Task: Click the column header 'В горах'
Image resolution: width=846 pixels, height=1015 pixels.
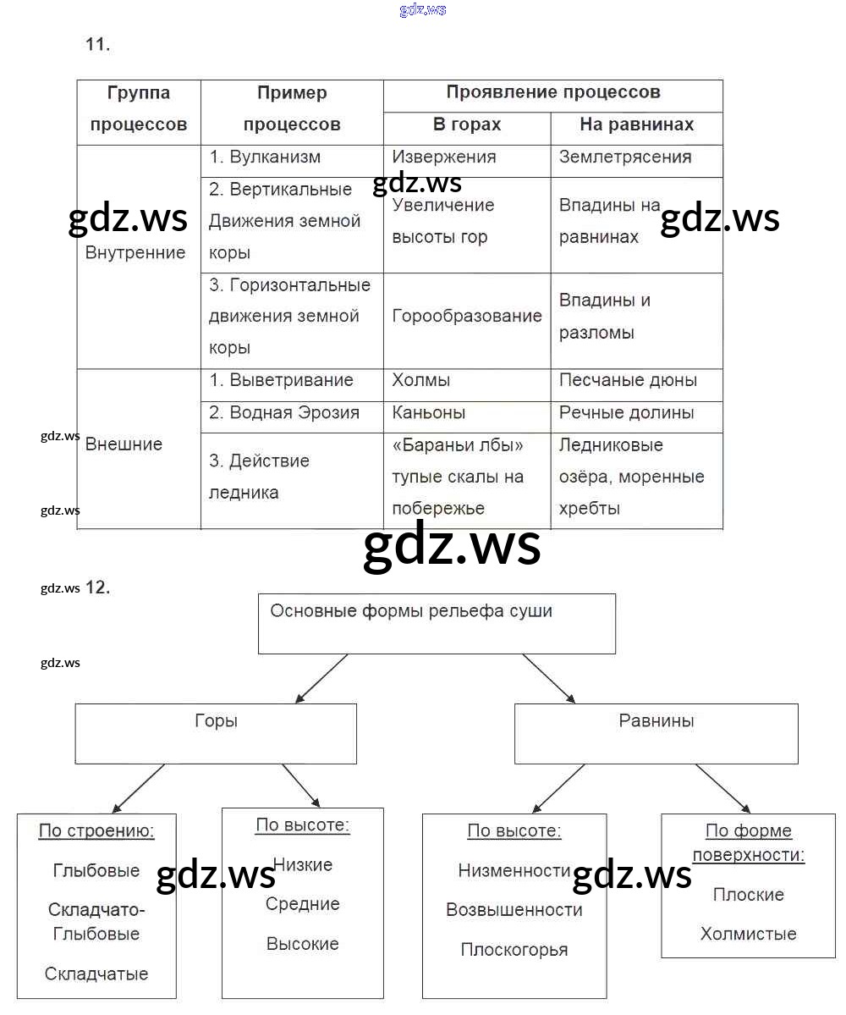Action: tap(467, 124)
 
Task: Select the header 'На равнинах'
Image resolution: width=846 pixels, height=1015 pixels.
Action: tap(636, 124)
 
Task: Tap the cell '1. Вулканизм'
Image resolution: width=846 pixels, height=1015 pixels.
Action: tap(265, 157)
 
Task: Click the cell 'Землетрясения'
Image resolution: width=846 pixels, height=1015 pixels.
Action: tap(625, 157)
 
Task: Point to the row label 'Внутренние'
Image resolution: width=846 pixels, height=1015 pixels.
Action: tap(135, 252)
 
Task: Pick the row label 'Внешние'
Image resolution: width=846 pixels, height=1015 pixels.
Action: tap(124, 444)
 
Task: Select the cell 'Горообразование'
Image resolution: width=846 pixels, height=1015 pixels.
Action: tap(467, 316)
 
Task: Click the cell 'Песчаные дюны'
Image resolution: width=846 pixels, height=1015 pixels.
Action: tap(628, 380)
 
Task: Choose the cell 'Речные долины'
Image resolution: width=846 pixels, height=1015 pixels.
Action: tap(626, 412)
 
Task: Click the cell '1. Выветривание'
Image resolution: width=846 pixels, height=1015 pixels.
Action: tap(281, 380)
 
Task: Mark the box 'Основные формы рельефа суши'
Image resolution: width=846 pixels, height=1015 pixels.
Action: tap(411, 611)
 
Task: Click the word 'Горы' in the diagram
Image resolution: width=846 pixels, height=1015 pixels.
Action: tap(216, 721)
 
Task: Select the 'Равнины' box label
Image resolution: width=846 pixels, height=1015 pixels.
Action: tap(656, 721)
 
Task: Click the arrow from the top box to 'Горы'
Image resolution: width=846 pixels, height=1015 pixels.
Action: tap(321, 679)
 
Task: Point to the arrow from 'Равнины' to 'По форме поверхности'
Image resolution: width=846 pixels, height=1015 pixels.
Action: tap(722, 789)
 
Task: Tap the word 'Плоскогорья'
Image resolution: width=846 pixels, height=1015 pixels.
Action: tap(514, 950)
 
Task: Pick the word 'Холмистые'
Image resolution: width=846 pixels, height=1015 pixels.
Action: tap(748, 934)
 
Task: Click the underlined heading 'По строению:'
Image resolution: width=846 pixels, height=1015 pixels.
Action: tap(96, 830)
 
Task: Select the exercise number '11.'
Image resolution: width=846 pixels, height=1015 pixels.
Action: tap(97, 45)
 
